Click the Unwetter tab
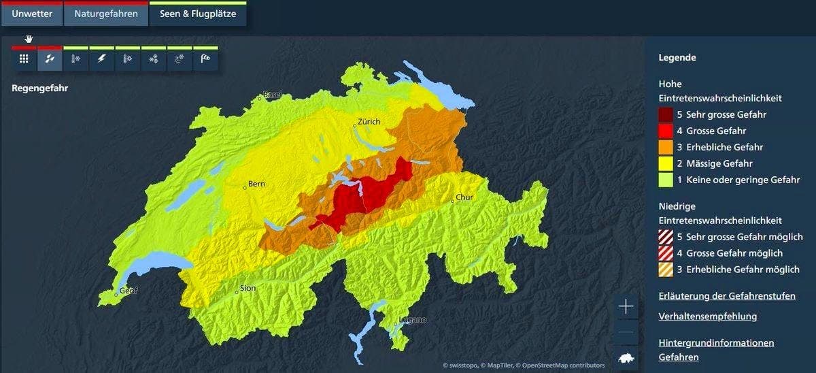tap(32, 14)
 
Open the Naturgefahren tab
tap(106, 14)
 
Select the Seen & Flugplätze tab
tap(198, 14)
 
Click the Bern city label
tap(256, 184)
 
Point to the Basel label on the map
tap(272, 95)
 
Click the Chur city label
tap(464, 197)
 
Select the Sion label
tap(248, 288)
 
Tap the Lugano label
tap(413, 320)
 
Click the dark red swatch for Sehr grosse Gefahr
tap(665, 114)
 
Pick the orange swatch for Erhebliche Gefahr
tap(665, 147)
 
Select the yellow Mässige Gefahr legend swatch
tap(665, 163)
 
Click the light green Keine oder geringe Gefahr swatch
tap(665, 180)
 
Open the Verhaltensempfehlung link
tap(707, 316)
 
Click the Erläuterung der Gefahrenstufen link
tap(726, 296)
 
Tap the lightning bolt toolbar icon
tap(101, 59)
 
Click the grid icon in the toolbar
tap(24, 59)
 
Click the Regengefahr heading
tap(39, 88)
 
